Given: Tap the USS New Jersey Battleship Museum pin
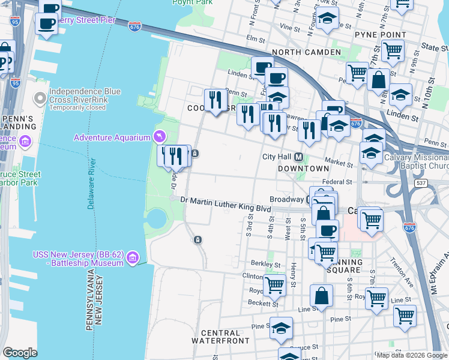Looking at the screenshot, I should pyautogui.click(x=133, y=258).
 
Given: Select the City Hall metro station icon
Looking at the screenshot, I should pyautogui.click(x=298, y=157).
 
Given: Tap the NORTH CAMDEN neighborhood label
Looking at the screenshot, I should pyautogui.click(x=306, y=53).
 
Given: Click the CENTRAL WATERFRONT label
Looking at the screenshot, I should pyautogui.click(x=220, y=337).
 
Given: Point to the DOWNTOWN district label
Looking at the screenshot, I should pyautogui.click(x=304, y=169).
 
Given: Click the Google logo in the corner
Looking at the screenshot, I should pyautogui.click(x=20, y=353).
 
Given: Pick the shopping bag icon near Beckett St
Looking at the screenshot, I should pyautogui.click(x=321, y=296).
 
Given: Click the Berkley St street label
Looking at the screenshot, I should pyautogui.click(x=261, y=263).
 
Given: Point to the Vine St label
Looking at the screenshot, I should pyautogui.click(x=289, y=28).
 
